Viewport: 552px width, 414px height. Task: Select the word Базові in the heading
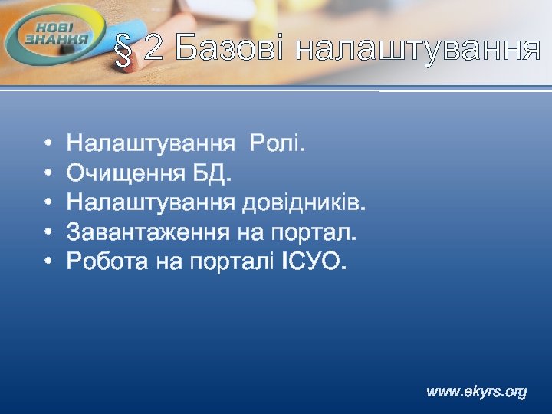[x=229, y=49]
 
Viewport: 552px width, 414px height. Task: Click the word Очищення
[x=123, y=173]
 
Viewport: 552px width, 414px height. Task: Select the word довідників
[x=304, y=202]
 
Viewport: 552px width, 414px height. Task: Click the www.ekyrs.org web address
[x=477, y=392]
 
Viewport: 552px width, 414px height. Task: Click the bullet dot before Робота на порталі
[x=48, y=261]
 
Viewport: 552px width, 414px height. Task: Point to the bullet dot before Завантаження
[x=48, y=232]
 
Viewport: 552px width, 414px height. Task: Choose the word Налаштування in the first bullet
[x=150, y=144]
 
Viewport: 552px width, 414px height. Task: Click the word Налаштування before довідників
[x=150, y=202]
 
